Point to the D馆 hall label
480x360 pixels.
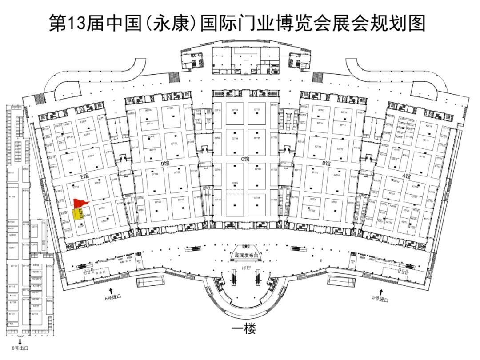165,164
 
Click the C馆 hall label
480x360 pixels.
245,159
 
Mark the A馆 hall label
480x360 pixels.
406,176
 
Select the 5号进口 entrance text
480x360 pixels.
380,300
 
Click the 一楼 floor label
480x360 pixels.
244,329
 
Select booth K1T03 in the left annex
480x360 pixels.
12,196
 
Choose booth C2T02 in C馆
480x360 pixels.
235,183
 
